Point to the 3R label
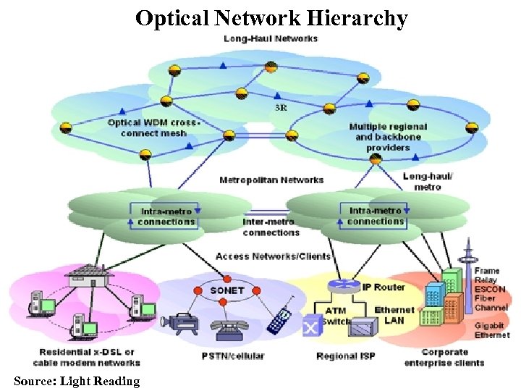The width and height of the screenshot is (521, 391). pos(281,107)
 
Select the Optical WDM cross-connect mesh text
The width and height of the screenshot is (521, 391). pos(153,127)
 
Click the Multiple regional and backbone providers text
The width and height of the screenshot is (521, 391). pos(388,137)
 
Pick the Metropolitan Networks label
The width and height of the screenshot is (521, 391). pos(271,180)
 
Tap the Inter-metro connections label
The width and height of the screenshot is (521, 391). pos(271,227)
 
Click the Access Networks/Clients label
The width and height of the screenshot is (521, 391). pos(273,256)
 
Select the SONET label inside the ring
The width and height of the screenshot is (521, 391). pos(226,290)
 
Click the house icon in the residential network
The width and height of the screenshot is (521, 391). pos(88,276)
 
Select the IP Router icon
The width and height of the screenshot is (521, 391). pos(338,285)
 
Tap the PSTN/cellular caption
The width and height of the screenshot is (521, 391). pos(232,356)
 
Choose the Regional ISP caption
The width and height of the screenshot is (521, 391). pos(345,356)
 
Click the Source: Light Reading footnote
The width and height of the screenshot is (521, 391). pos(77,381)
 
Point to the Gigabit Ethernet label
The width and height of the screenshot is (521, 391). pos(491,331)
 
